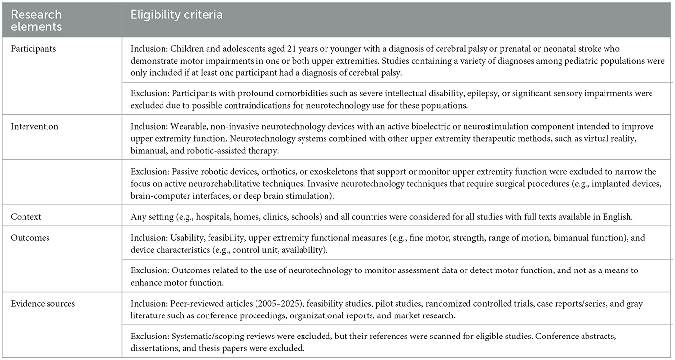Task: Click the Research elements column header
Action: (37, 21)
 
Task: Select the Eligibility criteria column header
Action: (176, 15)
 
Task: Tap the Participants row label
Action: (33, 49)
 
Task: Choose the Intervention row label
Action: (34, 126)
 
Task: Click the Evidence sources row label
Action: (44, 304)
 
